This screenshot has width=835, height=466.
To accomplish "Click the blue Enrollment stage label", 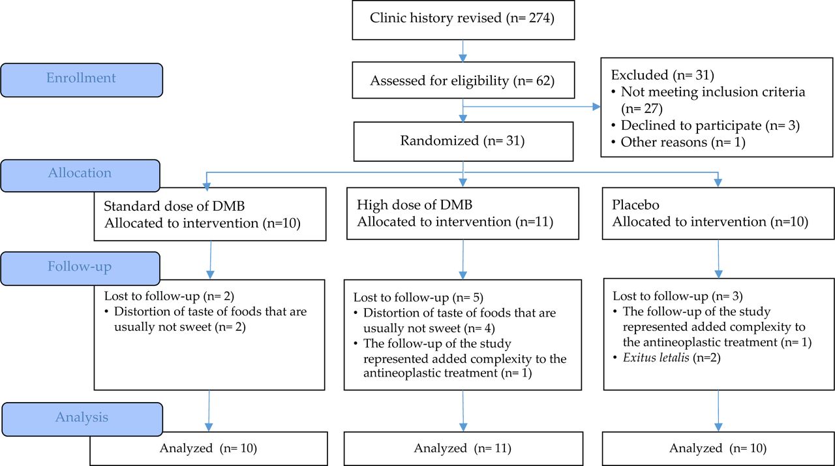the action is pos(82,80).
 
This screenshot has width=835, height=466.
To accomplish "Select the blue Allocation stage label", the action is pos(80,176).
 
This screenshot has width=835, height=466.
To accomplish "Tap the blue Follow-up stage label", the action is pos(80,268).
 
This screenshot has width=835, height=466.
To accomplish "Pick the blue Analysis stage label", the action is pos(82,419).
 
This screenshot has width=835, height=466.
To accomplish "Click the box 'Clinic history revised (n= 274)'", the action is pos(463,20).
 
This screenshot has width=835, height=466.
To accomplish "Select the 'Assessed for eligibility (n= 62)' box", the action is pos(463,80).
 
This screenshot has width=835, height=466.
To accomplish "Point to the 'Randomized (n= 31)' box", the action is pos(463,141).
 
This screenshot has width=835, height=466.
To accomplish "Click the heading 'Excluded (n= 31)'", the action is pos(662,75).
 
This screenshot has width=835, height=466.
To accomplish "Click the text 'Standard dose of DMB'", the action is pos(174,206).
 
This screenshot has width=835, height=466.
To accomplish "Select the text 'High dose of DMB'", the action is pos(414,204).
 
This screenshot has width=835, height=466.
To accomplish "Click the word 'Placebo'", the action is pos(635,205).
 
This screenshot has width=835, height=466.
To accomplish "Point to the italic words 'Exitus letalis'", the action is pos(656,357).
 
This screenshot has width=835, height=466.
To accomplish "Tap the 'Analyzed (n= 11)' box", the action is pos(463,448).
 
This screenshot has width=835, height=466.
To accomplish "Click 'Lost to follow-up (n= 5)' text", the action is pos(418,297).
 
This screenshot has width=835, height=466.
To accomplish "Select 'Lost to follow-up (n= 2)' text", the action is pos(169,296).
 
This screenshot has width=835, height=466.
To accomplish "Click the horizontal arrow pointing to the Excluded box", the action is pos(532,107).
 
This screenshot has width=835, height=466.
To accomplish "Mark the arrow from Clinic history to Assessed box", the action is pos(463,51).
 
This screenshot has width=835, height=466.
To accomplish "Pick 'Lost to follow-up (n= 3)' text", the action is pos(678,296).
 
